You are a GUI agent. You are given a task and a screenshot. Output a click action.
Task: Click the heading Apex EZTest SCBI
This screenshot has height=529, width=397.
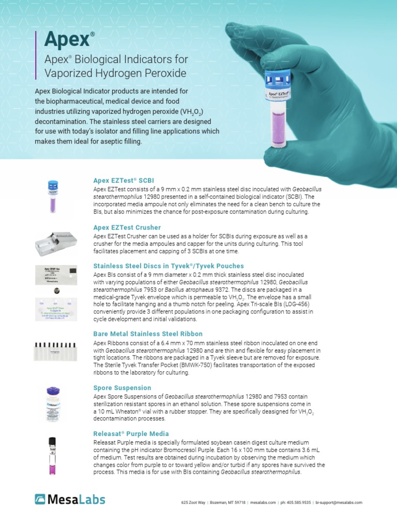tap(123, 181)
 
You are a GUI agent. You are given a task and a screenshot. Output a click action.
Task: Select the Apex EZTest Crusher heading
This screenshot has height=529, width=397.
tap(127, 227)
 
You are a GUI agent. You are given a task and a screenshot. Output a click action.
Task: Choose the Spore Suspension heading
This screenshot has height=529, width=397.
tap(122, 387)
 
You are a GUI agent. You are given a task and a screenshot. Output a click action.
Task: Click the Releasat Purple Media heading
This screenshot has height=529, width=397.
tap(131, 433)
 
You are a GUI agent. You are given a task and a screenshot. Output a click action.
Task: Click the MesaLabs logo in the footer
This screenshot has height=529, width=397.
tap(70, 499)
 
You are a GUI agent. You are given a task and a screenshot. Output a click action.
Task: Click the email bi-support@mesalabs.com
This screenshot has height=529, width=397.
tap(339, 502)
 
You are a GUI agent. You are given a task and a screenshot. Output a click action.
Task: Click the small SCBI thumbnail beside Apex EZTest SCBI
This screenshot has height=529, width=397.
tap(53, 196)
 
